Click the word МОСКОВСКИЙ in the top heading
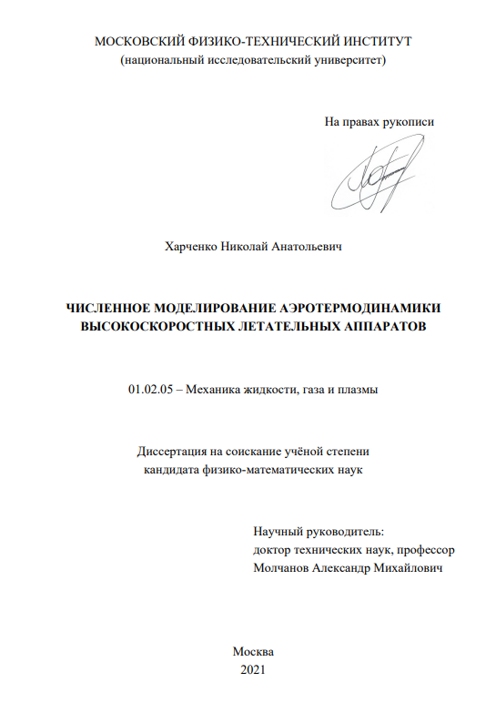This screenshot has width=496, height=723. (x=137, y=42)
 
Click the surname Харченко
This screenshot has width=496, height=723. (x=193, y=246)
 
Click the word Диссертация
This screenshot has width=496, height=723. (x=172, y=451)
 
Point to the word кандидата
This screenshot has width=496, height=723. (x=177, y=469)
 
